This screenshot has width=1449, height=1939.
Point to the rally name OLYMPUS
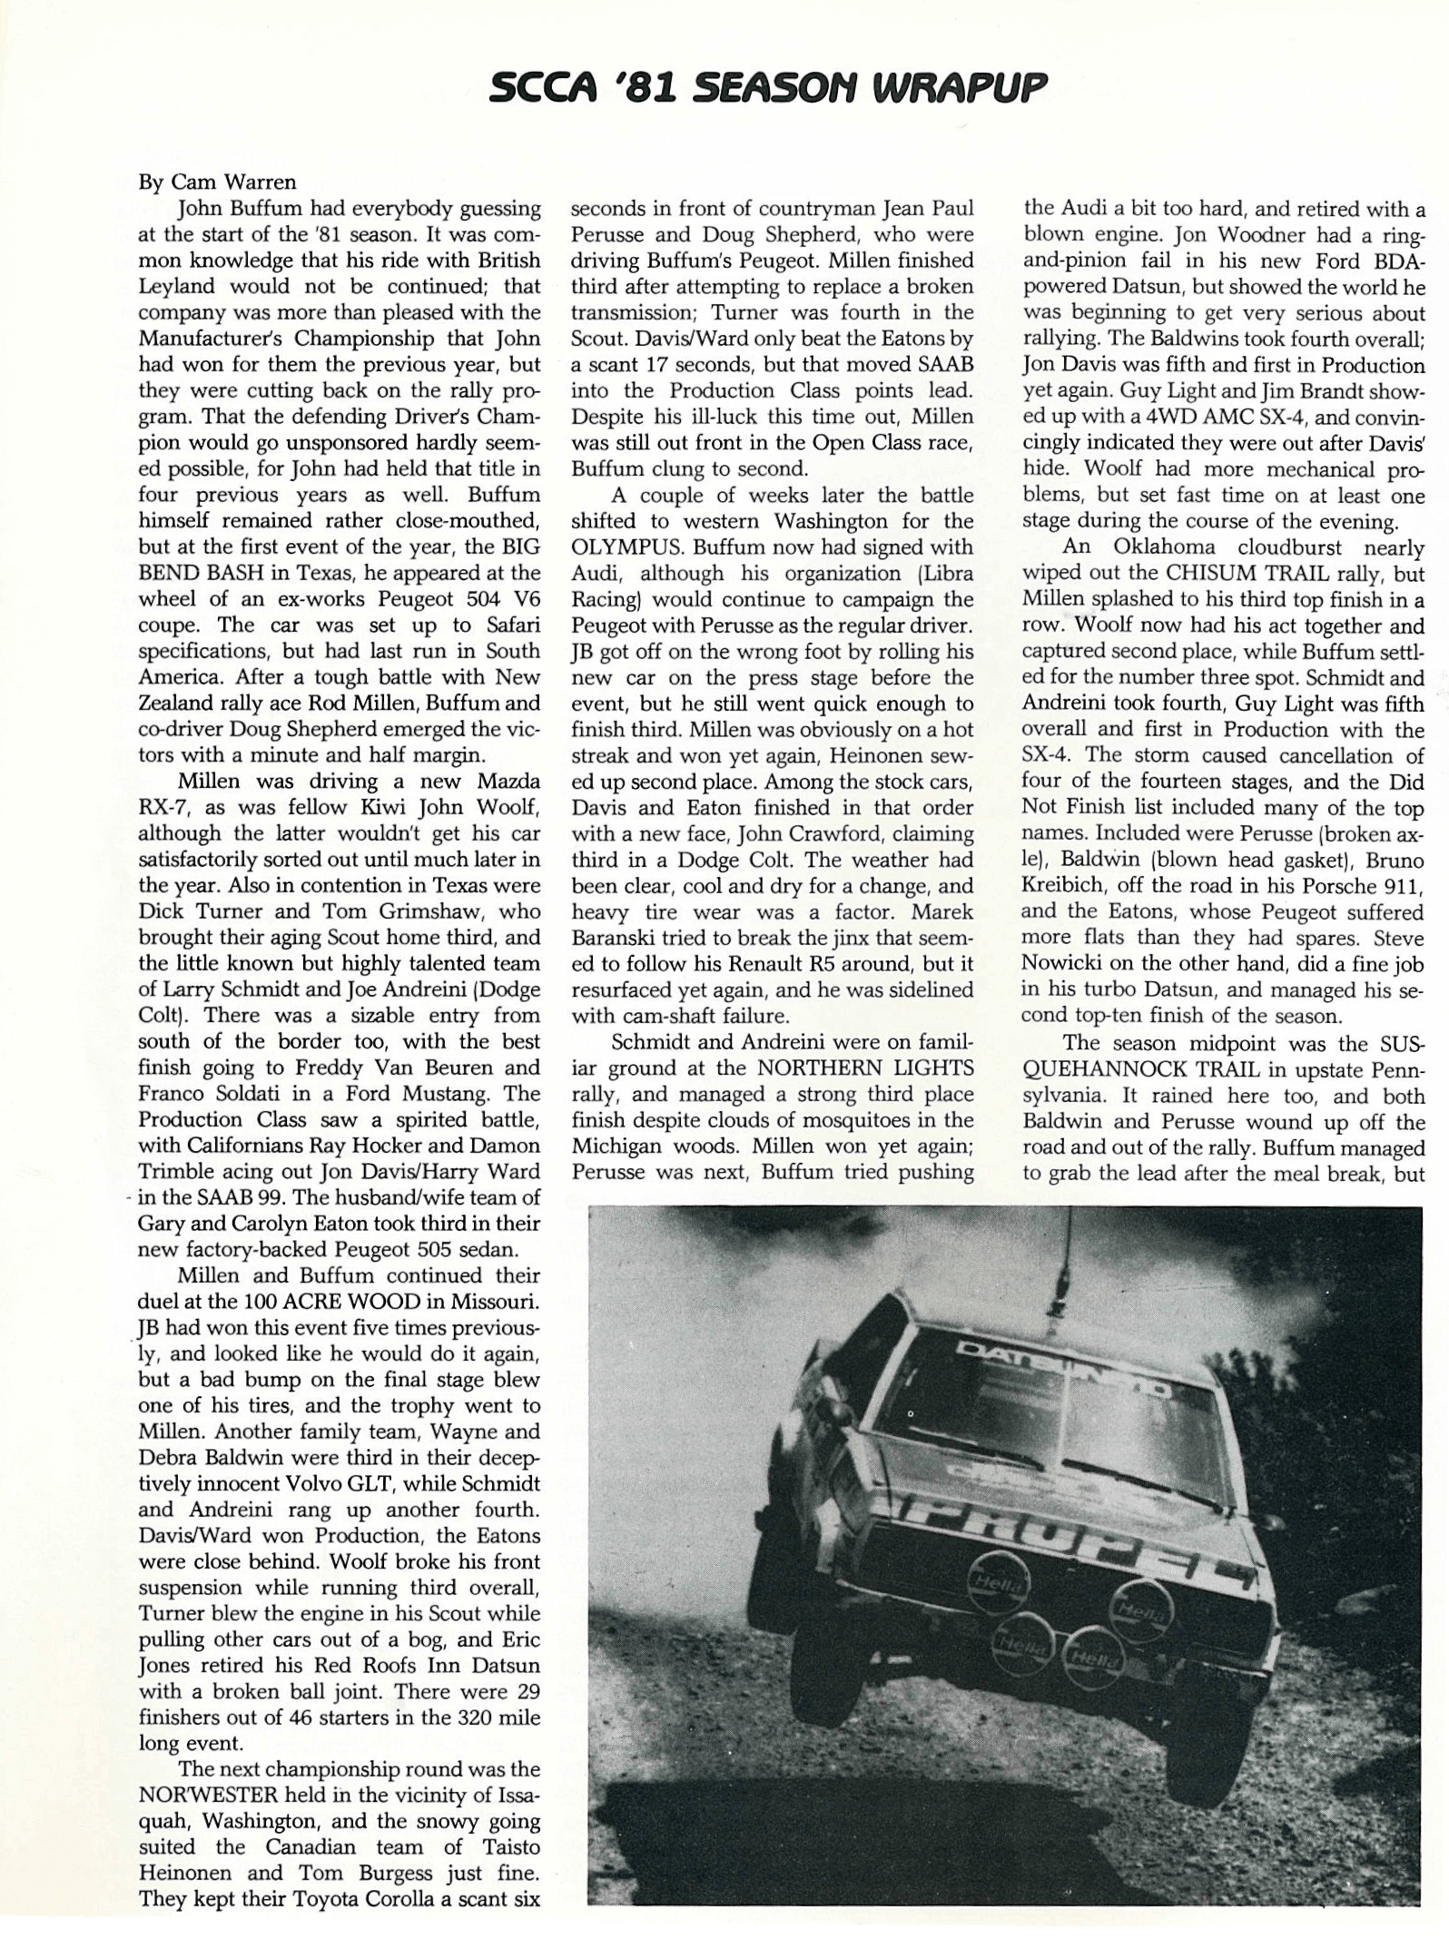[x=626, y=547]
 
